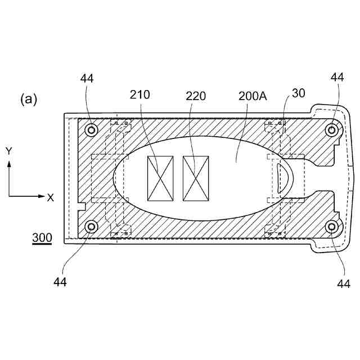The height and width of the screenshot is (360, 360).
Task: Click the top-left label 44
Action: (x=87, y=79)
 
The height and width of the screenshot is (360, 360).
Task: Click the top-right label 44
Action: (x=337, y=77)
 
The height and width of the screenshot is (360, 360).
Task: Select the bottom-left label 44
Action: (x=60, y=281)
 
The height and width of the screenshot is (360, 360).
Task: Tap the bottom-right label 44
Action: (x=344, y=284)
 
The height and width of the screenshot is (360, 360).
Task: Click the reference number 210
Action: (x=140, y=94)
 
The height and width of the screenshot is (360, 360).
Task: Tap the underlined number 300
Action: (x=42, y=238)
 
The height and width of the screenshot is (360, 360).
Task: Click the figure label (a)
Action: (x=29, y=100)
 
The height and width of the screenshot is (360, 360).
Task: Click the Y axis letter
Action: (x=9, y=151)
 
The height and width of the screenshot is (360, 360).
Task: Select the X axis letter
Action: (x=51, y=197)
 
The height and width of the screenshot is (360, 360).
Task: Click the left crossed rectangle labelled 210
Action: (x=160, y=178)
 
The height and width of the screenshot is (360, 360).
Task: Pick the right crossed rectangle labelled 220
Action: (x=196, y=178)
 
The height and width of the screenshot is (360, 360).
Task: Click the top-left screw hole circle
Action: (x=90, y=130)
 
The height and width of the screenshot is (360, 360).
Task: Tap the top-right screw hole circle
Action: (x=332, y=130)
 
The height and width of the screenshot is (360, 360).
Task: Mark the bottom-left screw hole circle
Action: (x=90, y=227)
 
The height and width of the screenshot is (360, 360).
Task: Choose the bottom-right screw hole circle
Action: (x=332, y=227)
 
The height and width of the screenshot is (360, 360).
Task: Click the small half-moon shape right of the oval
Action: (x=284, y=178)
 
